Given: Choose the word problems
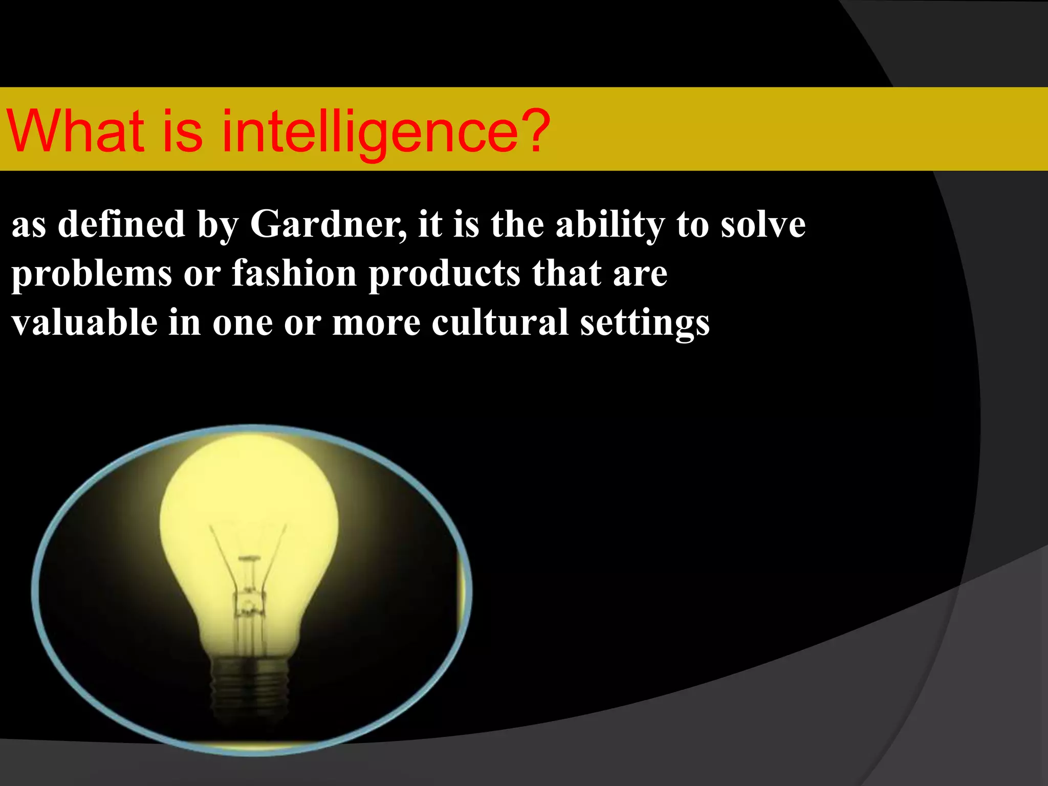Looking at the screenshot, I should coord(92,274).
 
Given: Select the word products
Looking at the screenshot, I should coord(444,274).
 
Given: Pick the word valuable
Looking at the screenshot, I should coord(84,322).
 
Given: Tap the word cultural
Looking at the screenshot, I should coord(499,322).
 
